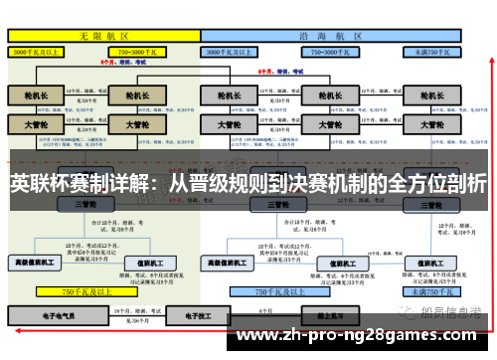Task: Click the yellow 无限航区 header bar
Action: tap(100, 35)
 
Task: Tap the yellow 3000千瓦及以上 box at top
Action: tap(36, 51)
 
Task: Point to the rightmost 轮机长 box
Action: tap(430, 95)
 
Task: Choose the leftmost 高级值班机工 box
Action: tap(36, 263)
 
